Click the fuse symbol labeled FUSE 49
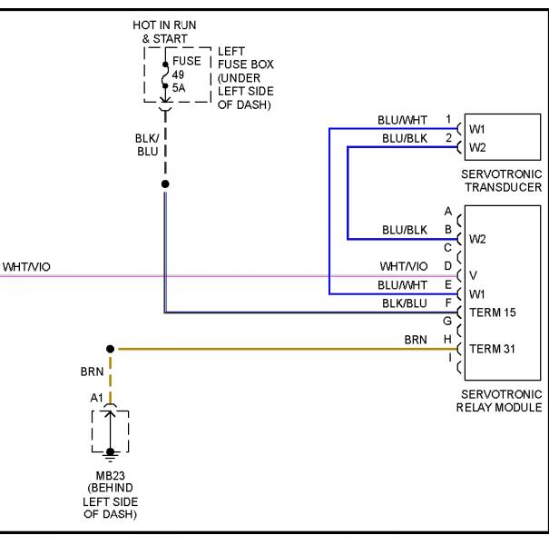point(165,75)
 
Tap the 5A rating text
point(179,88)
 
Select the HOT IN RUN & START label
point(164,32)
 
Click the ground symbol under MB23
point(111,455)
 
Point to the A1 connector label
point(96,398)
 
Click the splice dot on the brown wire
point(111,349)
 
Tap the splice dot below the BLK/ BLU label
point(165,184)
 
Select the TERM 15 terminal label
point(492,312)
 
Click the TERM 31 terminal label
point(492,349)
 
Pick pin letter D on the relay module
point(447,266)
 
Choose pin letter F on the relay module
point(448,302)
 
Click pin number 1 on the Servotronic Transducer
point(448,119)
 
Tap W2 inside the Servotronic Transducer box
point(477,147)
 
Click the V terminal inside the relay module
point(473,275)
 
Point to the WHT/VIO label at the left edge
point(26,267)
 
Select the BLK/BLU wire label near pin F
point(405,303)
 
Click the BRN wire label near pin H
point(416,340)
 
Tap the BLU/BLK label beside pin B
point(405,231)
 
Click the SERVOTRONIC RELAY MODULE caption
point(499,401)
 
